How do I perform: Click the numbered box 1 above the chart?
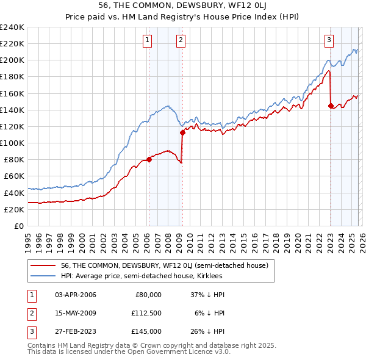148,41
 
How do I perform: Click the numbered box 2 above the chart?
182,41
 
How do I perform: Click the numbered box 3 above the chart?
329,41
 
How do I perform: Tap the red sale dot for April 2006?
149,160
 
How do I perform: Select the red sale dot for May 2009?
182,132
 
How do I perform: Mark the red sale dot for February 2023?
331,106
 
